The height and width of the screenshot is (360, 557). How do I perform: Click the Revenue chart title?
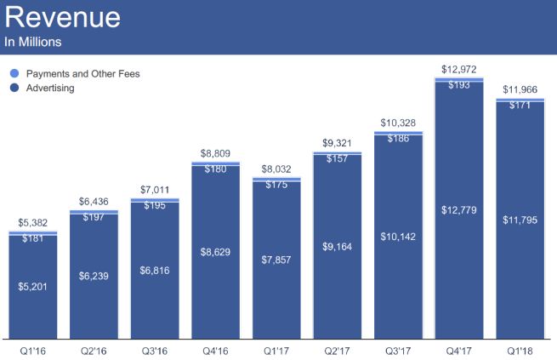pyautogui.click(x=63, y=18)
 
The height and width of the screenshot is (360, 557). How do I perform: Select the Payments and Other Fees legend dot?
pyautogui.click(x=13, y=74)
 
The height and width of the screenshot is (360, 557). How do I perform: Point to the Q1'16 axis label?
pyautogui.click(x=32, y=349)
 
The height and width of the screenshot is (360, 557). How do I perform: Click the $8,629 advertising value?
pyautogui.click(x=215, y=253)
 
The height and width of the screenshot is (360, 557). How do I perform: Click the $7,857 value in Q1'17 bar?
pyautogui.click(x=276, y=261)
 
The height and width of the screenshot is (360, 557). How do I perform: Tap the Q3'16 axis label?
pyautogui.click(x=155, y=349)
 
